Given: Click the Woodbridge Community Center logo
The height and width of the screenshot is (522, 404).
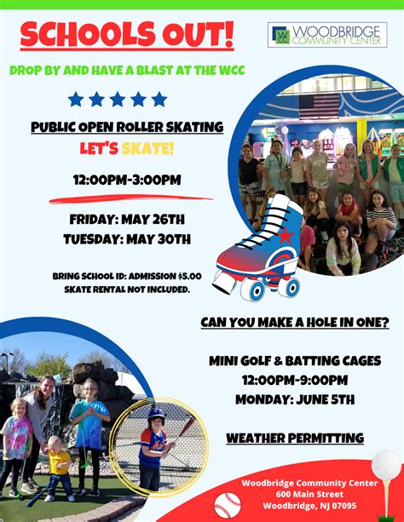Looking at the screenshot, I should coord(327,35).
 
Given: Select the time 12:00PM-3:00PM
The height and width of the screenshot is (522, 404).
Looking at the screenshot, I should coord(127,180).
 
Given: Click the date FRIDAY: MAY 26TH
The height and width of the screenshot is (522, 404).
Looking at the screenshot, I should coord(127,219).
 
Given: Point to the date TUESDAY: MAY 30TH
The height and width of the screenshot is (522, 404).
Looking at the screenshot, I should coord(127,239).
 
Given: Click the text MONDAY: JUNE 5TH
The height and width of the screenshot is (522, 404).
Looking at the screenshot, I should coord(295,399).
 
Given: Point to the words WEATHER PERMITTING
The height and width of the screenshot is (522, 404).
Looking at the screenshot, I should coord(295,438).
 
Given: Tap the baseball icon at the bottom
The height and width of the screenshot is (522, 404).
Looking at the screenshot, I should coord(228,507).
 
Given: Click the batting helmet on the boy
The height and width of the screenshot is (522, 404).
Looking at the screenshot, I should coord(156,414).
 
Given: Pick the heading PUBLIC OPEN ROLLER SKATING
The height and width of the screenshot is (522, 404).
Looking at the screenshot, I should coord(127,127).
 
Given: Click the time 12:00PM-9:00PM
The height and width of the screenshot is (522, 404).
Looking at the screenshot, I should coord(295,380).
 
